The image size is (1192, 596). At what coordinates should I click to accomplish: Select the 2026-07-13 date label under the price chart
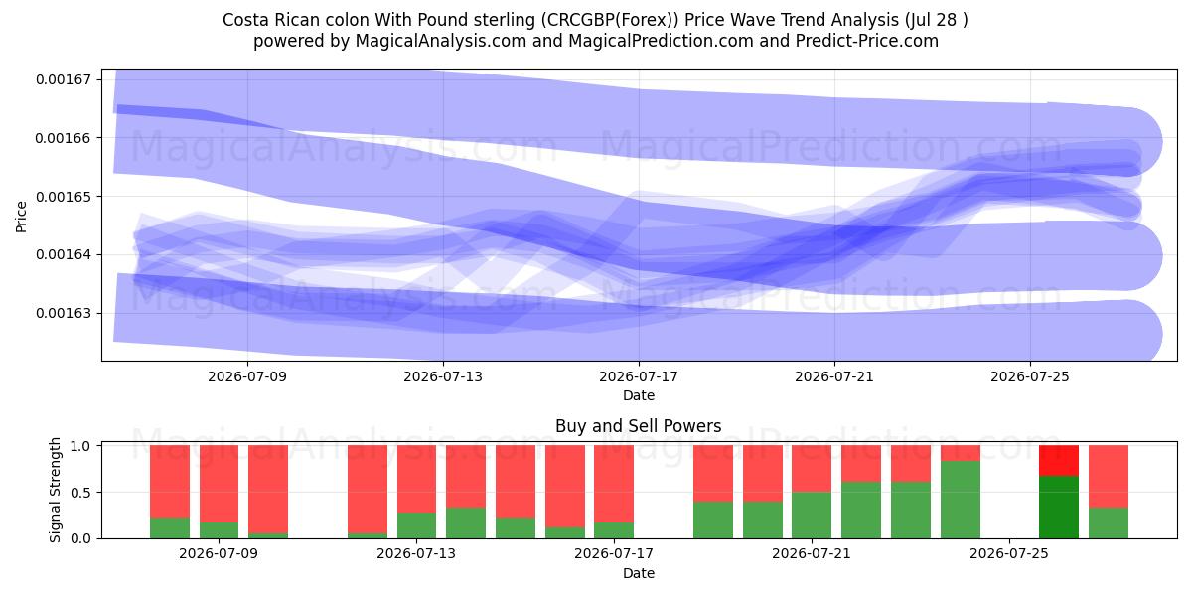pos(443,376)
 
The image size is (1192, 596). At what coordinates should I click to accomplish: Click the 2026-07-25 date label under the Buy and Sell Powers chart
pos(1009,553)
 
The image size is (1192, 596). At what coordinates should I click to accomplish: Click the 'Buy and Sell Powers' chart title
pos(639,426)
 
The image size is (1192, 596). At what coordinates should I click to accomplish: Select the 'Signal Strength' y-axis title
pos(55,490)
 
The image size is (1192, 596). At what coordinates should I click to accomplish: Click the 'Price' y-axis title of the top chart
pos(21,217)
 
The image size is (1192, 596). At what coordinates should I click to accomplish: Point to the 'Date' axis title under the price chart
pos(639,395)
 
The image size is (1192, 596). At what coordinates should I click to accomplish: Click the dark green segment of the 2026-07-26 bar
pos(1059,508)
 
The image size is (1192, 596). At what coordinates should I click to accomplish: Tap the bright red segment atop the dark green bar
pos(1059,461)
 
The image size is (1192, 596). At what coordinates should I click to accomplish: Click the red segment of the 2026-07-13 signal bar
pos(416,479)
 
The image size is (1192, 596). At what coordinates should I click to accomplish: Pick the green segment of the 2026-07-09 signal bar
pos(220,530)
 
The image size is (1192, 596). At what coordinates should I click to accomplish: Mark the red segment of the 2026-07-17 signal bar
pos(614,484)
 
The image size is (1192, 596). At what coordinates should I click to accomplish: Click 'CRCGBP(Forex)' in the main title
pos(610,20)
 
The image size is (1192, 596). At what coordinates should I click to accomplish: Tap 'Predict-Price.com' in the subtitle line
pos(867,41)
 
